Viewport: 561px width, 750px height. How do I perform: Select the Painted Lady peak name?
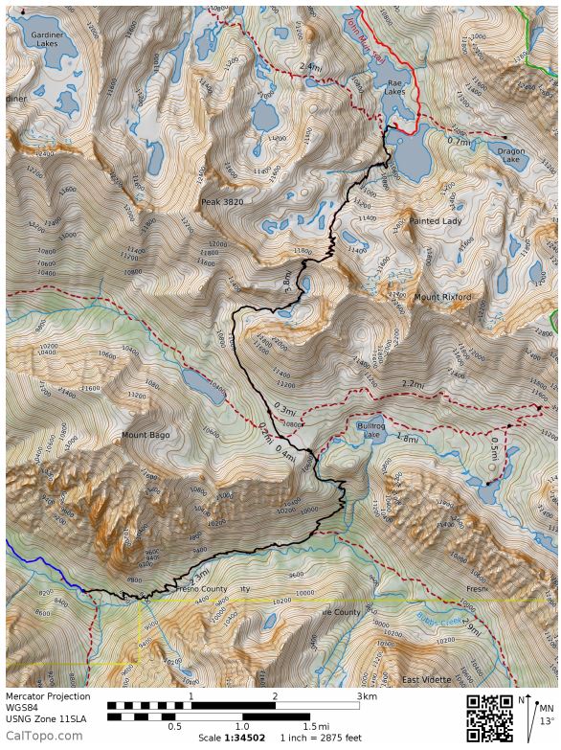pos(436,221)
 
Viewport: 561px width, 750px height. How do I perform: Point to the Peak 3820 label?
pos(223,203)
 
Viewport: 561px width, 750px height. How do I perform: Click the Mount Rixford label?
pos(442,298)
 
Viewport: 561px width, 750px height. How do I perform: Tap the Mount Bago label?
pos(146,435)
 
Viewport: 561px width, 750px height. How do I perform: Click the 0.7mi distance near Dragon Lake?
pos(460,141)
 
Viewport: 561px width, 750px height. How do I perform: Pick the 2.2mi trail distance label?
pos(413,384)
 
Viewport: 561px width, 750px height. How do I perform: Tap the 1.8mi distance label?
pos(406,439)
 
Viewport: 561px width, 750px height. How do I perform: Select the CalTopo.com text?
pos(43,736)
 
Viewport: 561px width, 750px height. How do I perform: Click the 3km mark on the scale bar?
pos(362,696)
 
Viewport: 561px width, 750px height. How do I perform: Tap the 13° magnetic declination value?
pos(546,721)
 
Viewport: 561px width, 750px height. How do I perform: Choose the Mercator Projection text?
pos(48,696)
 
